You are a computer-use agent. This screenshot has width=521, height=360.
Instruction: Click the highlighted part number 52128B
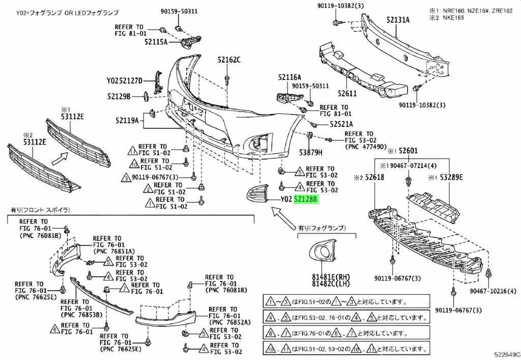(306, 200)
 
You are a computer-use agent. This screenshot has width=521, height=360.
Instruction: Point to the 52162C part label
(229, 60)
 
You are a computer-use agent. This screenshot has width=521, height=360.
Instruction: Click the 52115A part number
(155, 43)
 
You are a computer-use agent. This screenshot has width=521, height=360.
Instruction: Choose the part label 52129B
(119, 96)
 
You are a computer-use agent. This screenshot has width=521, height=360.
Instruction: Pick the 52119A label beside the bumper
(127, 121)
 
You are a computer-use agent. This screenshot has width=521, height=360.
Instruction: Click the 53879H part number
(311, 152)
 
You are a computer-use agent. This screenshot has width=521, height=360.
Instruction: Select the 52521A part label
(341, 124)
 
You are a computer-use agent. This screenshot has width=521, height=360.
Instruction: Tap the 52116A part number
(290, 77)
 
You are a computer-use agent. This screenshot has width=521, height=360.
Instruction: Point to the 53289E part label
(452, 177)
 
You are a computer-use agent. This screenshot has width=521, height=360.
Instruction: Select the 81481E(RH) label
(327, 276)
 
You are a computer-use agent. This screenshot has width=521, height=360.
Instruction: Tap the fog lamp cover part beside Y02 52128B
(259, 196)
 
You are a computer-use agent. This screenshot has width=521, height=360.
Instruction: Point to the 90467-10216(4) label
(491, 291)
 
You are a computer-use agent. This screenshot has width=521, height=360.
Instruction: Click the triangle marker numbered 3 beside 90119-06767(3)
(126, 178)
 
